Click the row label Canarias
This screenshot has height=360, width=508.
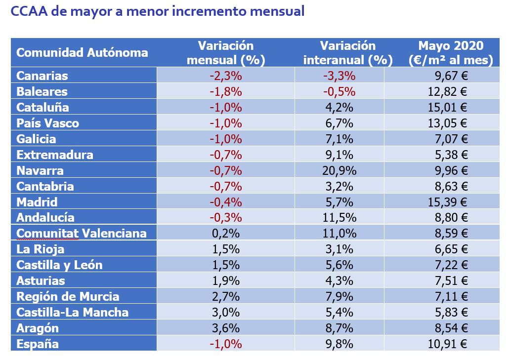click(x=42, y=76)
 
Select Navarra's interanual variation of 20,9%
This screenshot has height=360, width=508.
click(x=339, y=170)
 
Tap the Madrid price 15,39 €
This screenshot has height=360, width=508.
click(x=450, y=202)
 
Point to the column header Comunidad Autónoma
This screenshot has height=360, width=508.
click(x=82, y=53)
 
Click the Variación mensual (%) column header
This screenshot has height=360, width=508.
click(x=226, y=53)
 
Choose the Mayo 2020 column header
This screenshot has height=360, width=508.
click(x=451, y=53)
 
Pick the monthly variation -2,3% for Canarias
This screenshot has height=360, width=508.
click(x=226, y=76)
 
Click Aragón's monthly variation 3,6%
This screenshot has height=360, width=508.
click(x=226, y=328)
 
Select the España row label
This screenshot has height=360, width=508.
click(x=38, y=344)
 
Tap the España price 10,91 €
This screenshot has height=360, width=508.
click(x=450, y=344)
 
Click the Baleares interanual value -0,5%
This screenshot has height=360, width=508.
click(x=339, y=91)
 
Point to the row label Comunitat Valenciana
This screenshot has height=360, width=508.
click(x=82, y=233)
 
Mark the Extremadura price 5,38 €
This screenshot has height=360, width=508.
click(x=452, y=155)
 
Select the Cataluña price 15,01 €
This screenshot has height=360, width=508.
click(x=450, y=107)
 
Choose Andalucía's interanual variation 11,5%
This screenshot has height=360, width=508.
click(x=339, y=217)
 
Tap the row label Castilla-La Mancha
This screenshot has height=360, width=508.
click(x=72, y=312)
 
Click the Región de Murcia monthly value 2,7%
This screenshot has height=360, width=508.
click(x=226, y=296)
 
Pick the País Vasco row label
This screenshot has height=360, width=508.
click(x=47, y=123)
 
